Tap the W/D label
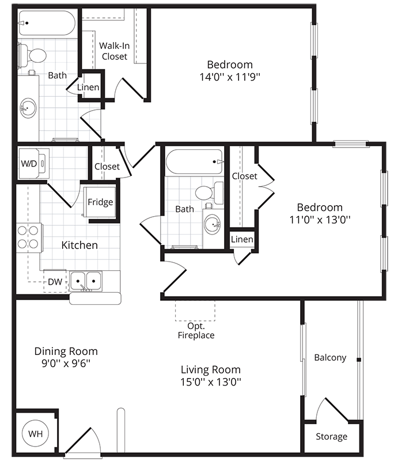[x=29, y=164]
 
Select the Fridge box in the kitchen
[x=100, y=202]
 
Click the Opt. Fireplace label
[x=196, y=330]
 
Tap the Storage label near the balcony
[x=331, y=436]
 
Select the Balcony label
[x=330, y=357]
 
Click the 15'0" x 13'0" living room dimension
[x=211, y=381]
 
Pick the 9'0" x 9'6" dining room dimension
[x=66, y=363]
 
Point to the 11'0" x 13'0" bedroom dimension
[x=320, y=219]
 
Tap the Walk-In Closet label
[x=113, y=51]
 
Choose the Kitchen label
[x=79, y=245]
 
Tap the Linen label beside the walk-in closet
[x=88, y=88]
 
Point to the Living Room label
[x=211, y=369]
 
